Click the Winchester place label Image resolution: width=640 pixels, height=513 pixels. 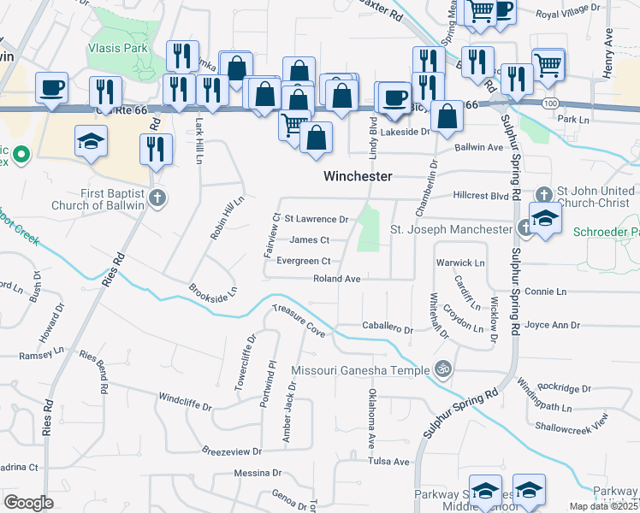(x=358, y=176)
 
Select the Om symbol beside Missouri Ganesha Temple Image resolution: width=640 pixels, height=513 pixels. (x=442, y=370)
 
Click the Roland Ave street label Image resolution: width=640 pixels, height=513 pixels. (x=337, y=279)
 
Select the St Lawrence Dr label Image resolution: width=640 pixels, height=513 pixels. (x=316, y=220)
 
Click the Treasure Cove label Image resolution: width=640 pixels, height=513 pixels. (x=299, y=320)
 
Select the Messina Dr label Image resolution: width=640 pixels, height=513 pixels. (x=258, y=472)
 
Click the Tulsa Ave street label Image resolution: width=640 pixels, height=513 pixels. (x=389, y=462)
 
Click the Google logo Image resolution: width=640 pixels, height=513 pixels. (x=28, y=502)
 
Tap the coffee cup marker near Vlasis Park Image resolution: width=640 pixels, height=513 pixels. (x=51, y=85)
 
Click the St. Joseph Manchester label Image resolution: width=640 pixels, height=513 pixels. (x=451, y=229)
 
